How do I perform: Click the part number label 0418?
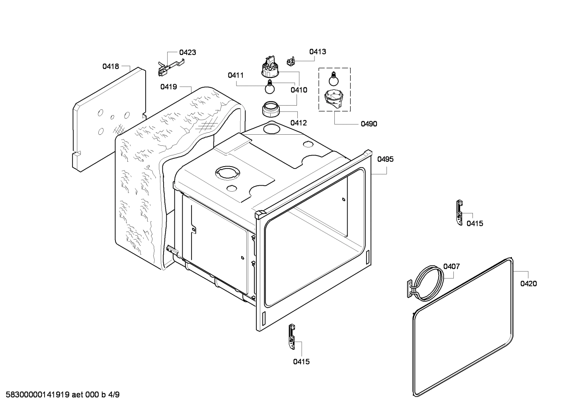pos(111,67)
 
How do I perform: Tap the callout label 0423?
pos(187,52)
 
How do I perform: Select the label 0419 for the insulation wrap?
pos(169,86)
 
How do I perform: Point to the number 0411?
pos(236,75)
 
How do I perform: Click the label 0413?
pos(318,51)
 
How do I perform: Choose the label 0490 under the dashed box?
pos(369,124)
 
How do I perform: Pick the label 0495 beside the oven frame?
pos(385,159)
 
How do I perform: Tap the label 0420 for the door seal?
pos(529,284)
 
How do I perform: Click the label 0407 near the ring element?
pos(451,266)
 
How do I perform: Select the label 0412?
pos(299,123)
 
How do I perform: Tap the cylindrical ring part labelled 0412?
pos(271,108)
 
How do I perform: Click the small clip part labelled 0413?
pos(292,61)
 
